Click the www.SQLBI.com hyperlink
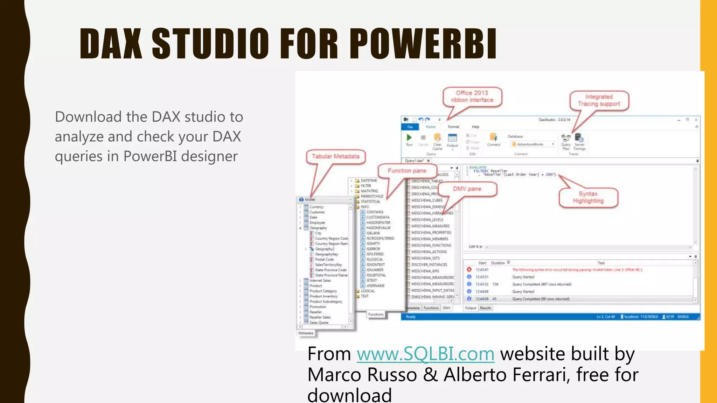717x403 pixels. (x=425, y=354)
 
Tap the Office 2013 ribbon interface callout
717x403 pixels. (x=472, y=97)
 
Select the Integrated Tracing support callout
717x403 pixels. (x=599, y=100)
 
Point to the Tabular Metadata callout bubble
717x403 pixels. (x=335, y=156)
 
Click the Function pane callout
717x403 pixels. (x=407, y=171)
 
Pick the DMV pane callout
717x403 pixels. (x=467, y=189)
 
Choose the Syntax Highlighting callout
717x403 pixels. (x=588, y=197)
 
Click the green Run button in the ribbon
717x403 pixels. (x=409, y=138)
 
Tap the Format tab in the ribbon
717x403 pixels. (x=453, y=127)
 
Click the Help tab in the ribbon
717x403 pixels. (x=475, y=127)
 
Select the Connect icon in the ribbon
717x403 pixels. (x=494, y=138)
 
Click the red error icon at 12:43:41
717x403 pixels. (x=469, y=270)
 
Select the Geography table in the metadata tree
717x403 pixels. (x=318, y=228)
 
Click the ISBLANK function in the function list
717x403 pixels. (x=373, y=233)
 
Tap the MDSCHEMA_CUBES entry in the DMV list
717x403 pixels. (x=427, y=200)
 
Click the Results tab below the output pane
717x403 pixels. (x=485, y=308)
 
